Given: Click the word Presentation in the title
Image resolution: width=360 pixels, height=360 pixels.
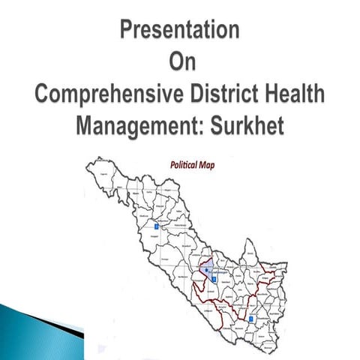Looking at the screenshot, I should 180,31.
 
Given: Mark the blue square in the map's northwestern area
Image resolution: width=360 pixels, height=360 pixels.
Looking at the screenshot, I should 156,225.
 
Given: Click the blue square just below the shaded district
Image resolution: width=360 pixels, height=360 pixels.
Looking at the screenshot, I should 214,279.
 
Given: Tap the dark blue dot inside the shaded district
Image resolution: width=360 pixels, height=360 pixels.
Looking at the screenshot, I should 206,269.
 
